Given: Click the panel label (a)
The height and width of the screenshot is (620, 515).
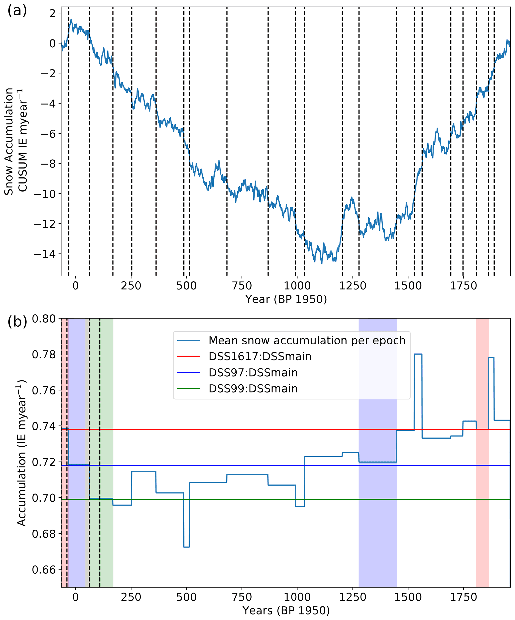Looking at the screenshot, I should pos(17,11).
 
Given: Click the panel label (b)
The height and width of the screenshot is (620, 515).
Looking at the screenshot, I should pos(17,322).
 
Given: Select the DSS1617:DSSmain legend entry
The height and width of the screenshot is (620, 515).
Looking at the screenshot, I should pos(260,357).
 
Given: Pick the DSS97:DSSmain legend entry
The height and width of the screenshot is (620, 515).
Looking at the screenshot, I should pos(253,373).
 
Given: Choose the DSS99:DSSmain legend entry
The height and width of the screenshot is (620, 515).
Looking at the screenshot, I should pos(253,389).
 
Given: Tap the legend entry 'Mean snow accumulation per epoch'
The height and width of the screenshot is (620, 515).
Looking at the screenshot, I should pos(306,341).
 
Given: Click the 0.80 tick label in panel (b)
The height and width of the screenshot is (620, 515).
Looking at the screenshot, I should pos(44,319).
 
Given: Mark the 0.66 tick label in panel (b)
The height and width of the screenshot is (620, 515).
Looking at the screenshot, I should pos(44,570).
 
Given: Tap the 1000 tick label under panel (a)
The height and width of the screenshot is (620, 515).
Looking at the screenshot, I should pos(297,286).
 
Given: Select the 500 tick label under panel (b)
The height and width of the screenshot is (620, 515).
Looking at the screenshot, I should pos(186,597).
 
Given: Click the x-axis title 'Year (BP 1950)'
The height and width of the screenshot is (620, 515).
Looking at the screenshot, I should pos(286,299).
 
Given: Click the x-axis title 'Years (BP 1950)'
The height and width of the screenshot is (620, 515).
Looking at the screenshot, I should pos(286,610).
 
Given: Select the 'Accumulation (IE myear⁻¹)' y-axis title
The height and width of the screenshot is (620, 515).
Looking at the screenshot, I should pos(22,453).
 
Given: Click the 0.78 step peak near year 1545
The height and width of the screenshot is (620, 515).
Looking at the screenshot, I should pos(418,354).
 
